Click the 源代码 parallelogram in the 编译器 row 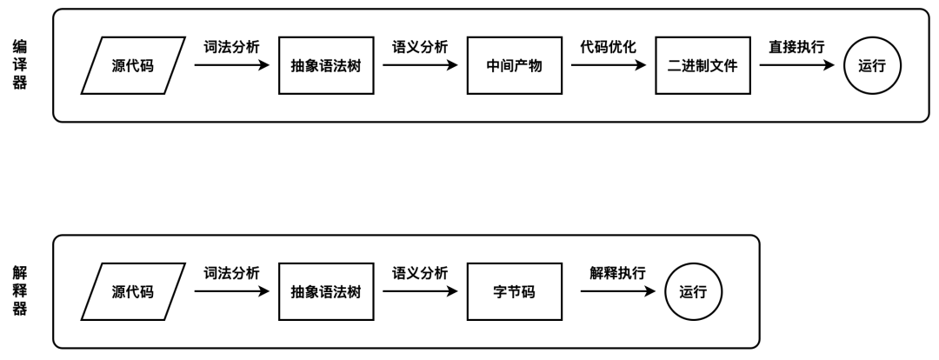pyautogui.click(x=133, y=65)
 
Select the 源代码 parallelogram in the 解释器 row pyautogui.click(x=133, y=291)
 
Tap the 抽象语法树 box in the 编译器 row pyautogui.click(x=325, y=65)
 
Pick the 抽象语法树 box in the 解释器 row pyautogui.click(x=325, y=291)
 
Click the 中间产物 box pyautogui.click(x=513, y=65)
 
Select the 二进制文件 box pyautogui.click(x=702, y=65)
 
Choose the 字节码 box pyautogui.click(x=513, y=291)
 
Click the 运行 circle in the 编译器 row pyautogui.click(x=872, y=65)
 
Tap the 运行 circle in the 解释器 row pyautogui.click(x=693, y=291)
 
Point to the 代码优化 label pyautogui.click(x=608, y=47)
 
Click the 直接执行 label pyautogui.click(x=796, y=47)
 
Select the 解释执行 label pyautogui.click(x=616, y=273)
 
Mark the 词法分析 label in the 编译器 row pyautogui.click(x=231, y=47)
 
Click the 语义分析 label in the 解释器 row pyautogui.click(x=420, y=273)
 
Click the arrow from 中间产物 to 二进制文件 pyautogui.click(x=608, y=65)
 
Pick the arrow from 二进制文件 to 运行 pyautogui.click(x=796, y=65)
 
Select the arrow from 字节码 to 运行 pyautogui.click(x=616, y=291)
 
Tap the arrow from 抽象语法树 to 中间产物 pyautogui.click(x=420, y=65)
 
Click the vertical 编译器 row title pyautogui.click(x=18, y=65)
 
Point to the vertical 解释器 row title pyautogui.click(x=18, y=291)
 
